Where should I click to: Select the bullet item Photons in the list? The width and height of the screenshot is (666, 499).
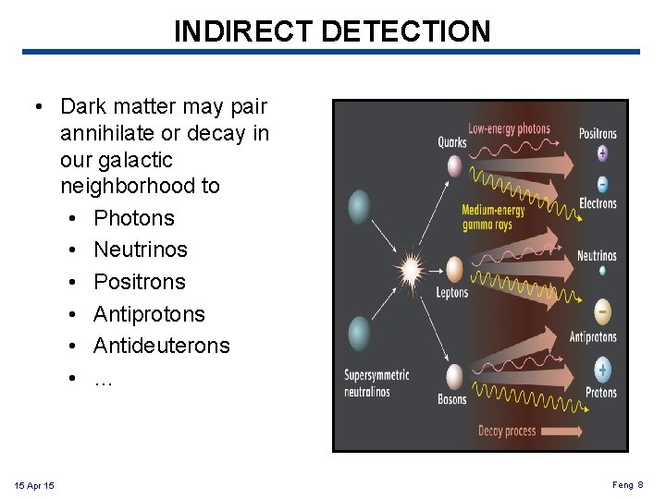pos(133,218)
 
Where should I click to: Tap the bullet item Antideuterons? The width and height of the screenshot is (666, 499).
pos(161,346)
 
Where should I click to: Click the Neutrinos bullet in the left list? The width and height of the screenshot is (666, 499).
pos(140,249)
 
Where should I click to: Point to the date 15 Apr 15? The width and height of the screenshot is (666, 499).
pos(34,485)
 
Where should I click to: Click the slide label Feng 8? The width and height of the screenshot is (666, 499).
pos(627,485)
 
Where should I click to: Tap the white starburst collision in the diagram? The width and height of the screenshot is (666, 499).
pos(410,271)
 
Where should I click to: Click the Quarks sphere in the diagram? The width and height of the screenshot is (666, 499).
pos(454,166)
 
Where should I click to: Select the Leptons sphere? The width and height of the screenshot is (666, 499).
pos(454,269)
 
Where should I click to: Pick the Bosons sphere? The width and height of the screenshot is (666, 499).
pos(454,376)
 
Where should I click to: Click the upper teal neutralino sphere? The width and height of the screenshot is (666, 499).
pos(359,207)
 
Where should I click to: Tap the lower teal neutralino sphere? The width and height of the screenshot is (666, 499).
pos(359,333)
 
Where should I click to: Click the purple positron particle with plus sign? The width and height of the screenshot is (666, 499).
pos(602,153)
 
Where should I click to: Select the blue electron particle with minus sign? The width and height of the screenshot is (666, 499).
pos(602,183)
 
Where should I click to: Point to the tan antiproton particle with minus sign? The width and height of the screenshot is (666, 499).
pos(602,310)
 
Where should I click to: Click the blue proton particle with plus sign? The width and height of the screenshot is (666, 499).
pos(602,371)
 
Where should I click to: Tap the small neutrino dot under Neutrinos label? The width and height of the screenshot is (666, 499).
pos(602,271)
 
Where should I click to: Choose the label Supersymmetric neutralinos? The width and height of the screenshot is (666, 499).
pos(376,383)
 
